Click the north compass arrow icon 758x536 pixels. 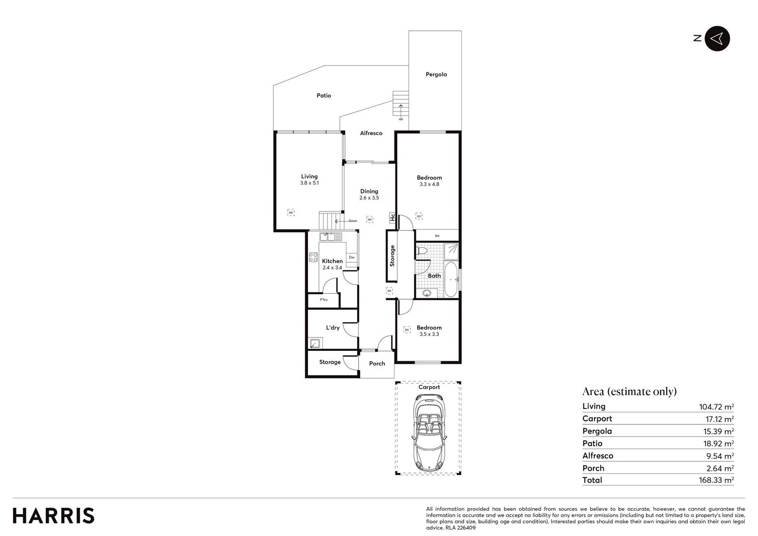(717, 38)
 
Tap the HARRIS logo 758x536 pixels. (54, 516)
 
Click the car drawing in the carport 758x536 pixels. (428, 432)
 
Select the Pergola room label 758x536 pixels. (436, 74)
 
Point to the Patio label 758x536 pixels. (324, 95)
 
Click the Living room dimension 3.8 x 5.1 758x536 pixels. (309, 183)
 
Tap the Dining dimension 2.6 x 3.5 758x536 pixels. (369, 198)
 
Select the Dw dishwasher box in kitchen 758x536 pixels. (352, 257)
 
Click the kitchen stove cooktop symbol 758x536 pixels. (314, 257)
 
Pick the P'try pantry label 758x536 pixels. (323, 300)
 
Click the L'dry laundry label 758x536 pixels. (333, 328)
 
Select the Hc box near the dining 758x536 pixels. (392, 217)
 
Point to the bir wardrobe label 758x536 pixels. (437, 236)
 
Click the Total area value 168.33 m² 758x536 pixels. (716, 480)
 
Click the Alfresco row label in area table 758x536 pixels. (598, 456)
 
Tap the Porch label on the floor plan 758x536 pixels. (377, 364)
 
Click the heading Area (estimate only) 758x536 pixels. (630, 392)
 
